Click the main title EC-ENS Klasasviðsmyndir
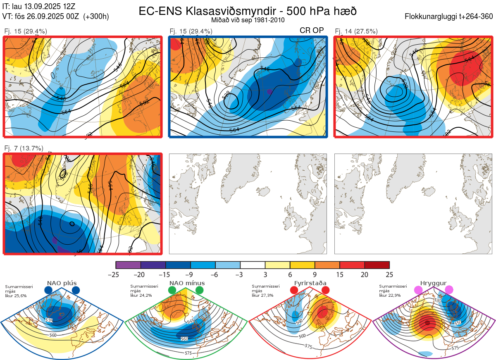tap(248, 11)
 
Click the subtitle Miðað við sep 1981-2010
tap(248, 20)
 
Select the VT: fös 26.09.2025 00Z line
tap(56, 17)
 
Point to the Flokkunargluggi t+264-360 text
tap(450, 17)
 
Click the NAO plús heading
tap(62, 283)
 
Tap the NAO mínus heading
tap(187, 283)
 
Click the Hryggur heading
tap(434, 283)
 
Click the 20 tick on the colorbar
tap(365, 274)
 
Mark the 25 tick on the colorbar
tap(389, 274)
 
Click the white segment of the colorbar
tap(253, 265)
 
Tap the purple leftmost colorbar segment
tap(128, 265)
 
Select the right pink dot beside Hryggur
tap(448, 291)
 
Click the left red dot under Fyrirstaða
tap(294, 291)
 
